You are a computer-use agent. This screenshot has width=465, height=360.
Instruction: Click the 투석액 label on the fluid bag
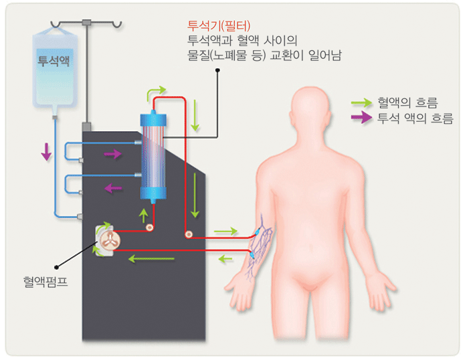tap(54, 60)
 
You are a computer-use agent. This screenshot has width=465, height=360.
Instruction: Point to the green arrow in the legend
tap(362, 103)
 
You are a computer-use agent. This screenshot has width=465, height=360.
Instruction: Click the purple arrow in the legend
tap(362, 118)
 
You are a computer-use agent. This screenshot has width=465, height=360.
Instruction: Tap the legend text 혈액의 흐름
tap(408, 103)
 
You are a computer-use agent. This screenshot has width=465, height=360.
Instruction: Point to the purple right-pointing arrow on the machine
tap(112, 155)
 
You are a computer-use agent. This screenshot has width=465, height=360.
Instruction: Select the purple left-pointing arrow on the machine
tap(112, 188)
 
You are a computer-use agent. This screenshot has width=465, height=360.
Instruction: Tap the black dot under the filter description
tap(218, 70)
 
